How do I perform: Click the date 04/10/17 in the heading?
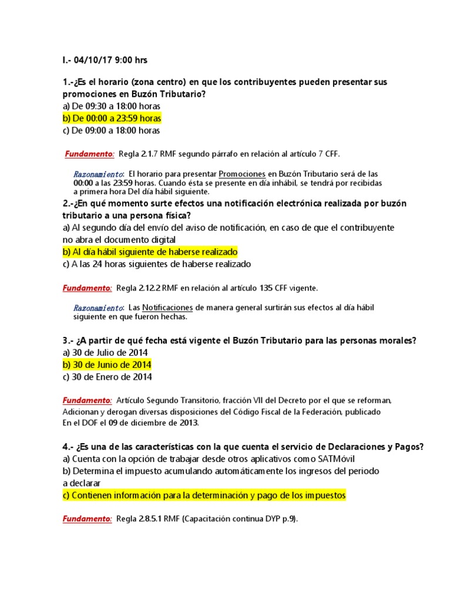click(96, 60)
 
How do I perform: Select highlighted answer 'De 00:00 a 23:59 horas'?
click(112, 119)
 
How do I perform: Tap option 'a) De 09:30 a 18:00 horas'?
click(111, 106)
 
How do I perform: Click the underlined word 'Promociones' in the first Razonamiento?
click(241, 174)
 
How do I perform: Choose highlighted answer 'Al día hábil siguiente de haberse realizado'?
click(150, 252)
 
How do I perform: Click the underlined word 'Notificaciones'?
click(167, 308)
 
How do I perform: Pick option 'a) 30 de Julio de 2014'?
click(105, 353)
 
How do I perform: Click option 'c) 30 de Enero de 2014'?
click(107, 377)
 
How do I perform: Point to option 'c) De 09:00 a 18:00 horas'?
click(111, 131)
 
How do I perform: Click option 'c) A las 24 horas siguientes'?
click(156, 264)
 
